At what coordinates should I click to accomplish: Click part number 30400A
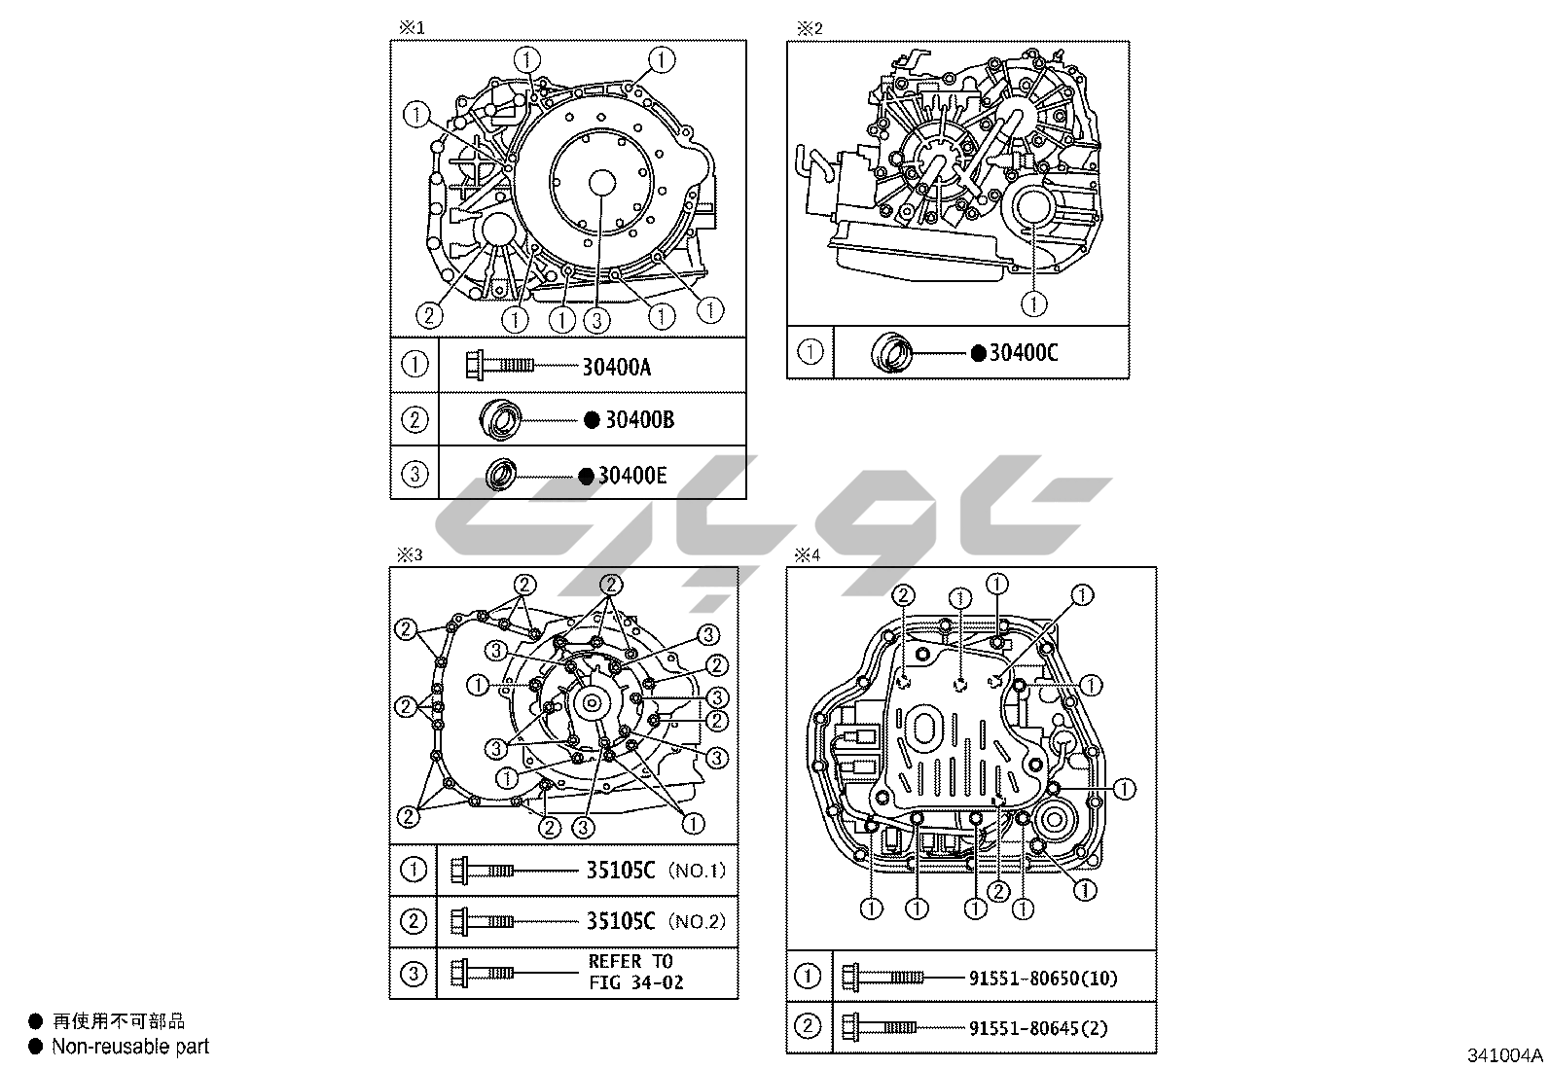pyautogui.click(x=616, y=367)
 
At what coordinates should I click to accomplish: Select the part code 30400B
pyautogui.click(x=639, y=419)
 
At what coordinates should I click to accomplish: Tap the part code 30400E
pyautogui.click(x=632, y=476)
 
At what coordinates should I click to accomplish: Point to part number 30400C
pyautogui.click(x=1024, y=353)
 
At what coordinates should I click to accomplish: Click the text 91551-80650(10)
pyautogui.click(x=1043, y=978)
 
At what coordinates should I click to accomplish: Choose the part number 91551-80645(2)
pyautogui.click(x=1038, y=1028)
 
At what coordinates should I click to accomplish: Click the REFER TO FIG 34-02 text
pyautogui.click(x=635, y=972)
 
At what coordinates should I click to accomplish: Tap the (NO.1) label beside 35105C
pyautogui.click(x=697, y=870)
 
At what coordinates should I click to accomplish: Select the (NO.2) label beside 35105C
pyautogui.click(x=697, y=921)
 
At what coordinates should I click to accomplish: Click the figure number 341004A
pyautogui.click(x=1505, y=1055)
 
